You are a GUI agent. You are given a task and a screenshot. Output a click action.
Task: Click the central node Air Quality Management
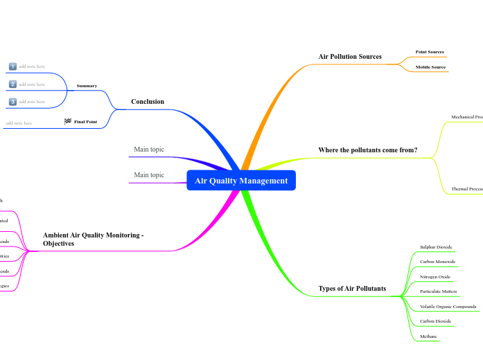(x=241, y=181)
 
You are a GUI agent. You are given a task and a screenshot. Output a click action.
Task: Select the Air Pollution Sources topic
(x=350, y=56)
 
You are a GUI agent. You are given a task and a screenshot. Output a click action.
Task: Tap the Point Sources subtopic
(x=430, y=52)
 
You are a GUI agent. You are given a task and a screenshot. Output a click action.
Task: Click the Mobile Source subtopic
(x=430, y=67)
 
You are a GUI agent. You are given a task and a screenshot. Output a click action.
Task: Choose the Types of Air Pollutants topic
(x=352, y=288)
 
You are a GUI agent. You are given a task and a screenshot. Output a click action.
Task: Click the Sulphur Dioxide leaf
(x=437, y=246)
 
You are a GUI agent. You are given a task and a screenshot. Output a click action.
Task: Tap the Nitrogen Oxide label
(x=435, y=276)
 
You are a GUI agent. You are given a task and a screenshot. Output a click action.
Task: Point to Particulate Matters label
(x=439, y=291)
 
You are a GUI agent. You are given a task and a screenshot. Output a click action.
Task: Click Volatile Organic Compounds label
(x=448, y=306)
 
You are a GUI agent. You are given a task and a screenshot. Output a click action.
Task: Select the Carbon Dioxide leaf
(x=435, y=321)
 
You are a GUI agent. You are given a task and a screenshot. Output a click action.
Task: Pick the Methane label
(x=428, y=336)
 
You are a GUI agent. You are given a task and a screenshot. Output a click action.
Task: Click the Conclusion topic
(x=148, y=102)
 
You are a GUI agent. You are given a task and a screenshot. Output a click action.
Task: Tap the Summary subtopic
(x=87, y=86)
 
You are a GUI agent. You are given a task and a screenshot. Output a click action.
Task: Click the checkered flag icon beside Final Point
(x=68, y=121)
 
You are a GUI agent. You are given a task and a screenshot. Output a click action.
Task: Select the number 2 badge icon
(x=12, y=84)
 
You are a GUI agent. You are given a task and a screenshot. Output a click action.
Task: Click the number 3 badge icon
(x=12, y=102)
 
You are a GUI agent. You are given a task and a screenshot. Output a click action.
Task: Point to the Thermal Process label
(x=467, y=188)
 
